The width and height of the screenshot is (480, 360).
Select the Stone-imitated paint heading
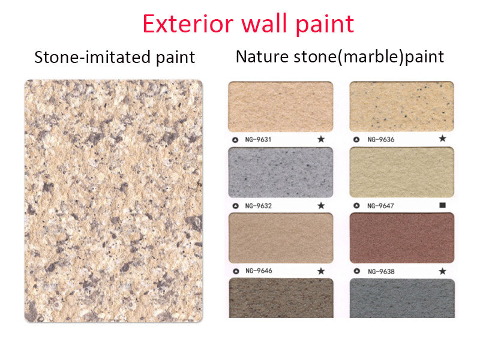point(115,57)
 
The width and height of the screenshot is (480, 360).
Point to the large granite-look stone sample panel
point(113,201)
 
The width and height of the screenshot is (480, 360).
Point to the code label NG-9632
point(259,206)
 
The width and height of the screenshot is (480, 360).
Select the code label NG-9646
point(259,271)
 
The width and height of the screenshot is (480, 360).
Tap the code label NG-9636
point(381,140)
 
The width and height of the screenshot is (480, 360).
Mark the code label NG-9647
point(381,206)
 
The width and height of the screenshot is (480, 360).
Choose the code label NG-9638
point(381,271)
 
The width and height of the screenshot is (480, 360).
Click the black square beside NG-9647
point(443,205)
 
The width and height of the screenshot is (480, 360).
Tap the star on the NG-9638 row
point(443,271)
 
